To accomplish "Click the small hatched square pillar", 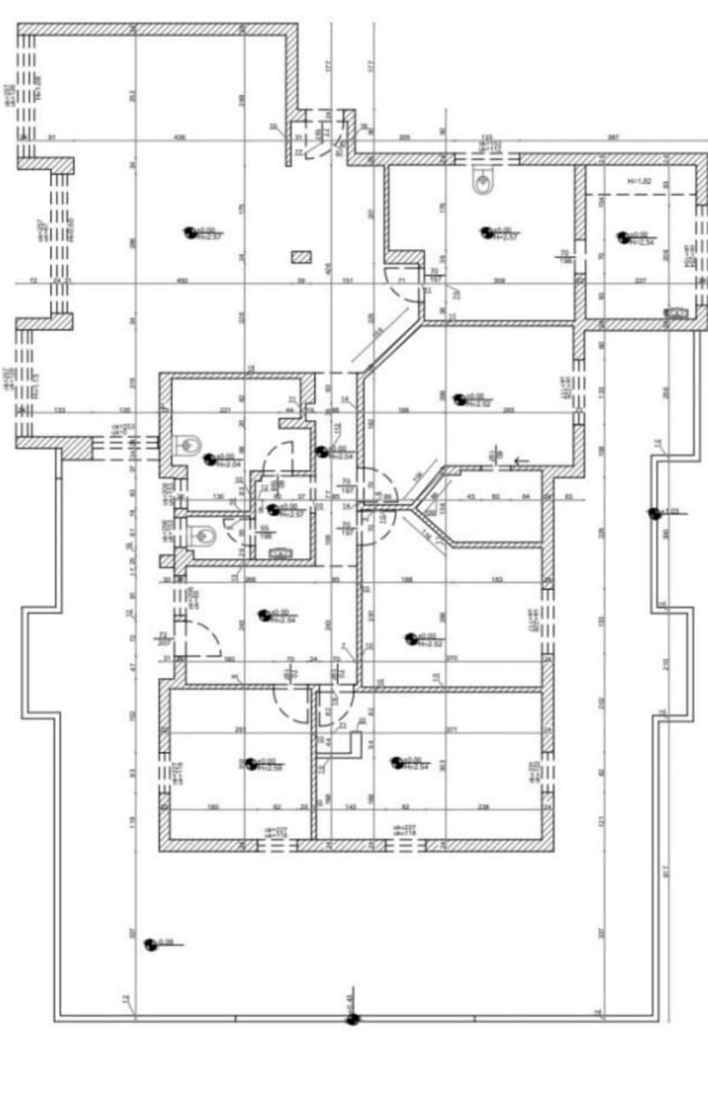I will coord(302,257).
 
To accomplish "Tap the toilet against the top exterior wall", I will coord(483,183).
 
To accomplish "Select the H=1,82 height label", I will coord(638,182).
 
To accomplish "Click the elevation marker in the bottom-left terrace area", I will coord(150,944).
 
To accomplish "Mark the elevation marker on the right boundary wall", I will coord(654,512).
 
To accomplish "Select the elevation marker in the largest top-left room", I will coord(189,232).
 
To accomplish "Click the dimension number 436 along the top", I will coord(181,137).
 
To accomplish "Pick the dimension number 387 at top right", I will coord(612,137).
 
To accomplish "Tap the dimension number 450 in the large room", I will coord(183,281).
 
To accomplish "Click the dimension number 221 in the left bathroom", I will coord(225,410).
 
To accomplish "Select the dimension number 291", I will coord(239,729).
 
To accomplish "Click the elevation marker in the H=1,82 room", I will coord(623,237).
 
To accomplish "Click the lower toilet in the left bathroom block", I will coord(203,535).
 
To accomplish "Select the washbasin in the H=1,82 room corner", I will coord(678,312).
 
